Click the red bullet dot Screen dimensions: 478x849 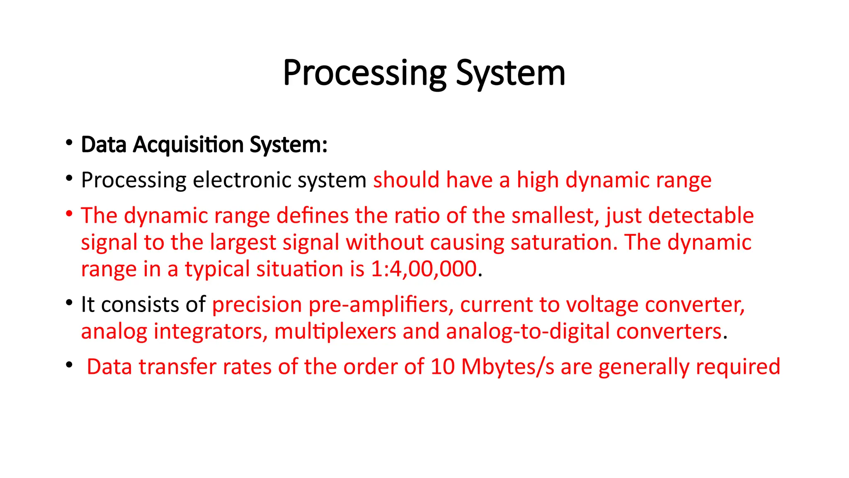click(x=69, y=214)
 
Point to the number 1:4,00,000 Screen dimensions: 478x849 click(x=424, y=269)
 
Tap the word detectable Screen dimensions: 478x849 click(x=701, y=216)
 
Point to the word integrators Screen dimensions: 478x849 click(x=210, y=332)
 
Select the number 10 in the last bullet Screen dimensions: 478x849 click(x=442, y=367)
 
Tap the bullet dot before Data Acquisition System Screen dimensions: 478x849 click(x=69, y=143)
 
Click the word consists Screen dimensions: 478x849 click(x=140, y=305)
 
